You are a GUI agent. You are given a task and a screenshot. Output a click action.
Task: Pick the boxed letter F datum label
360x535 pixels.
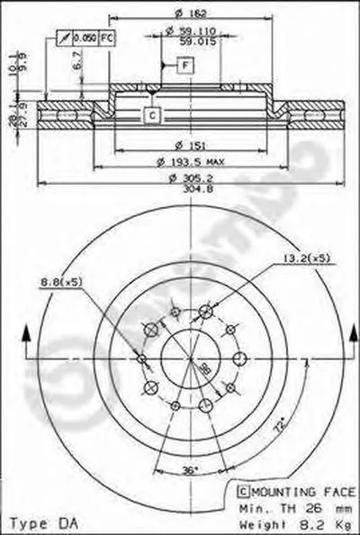184,65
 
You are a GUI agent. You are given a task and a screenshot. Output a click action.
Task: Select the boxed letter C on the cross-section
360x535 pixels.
151,114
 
